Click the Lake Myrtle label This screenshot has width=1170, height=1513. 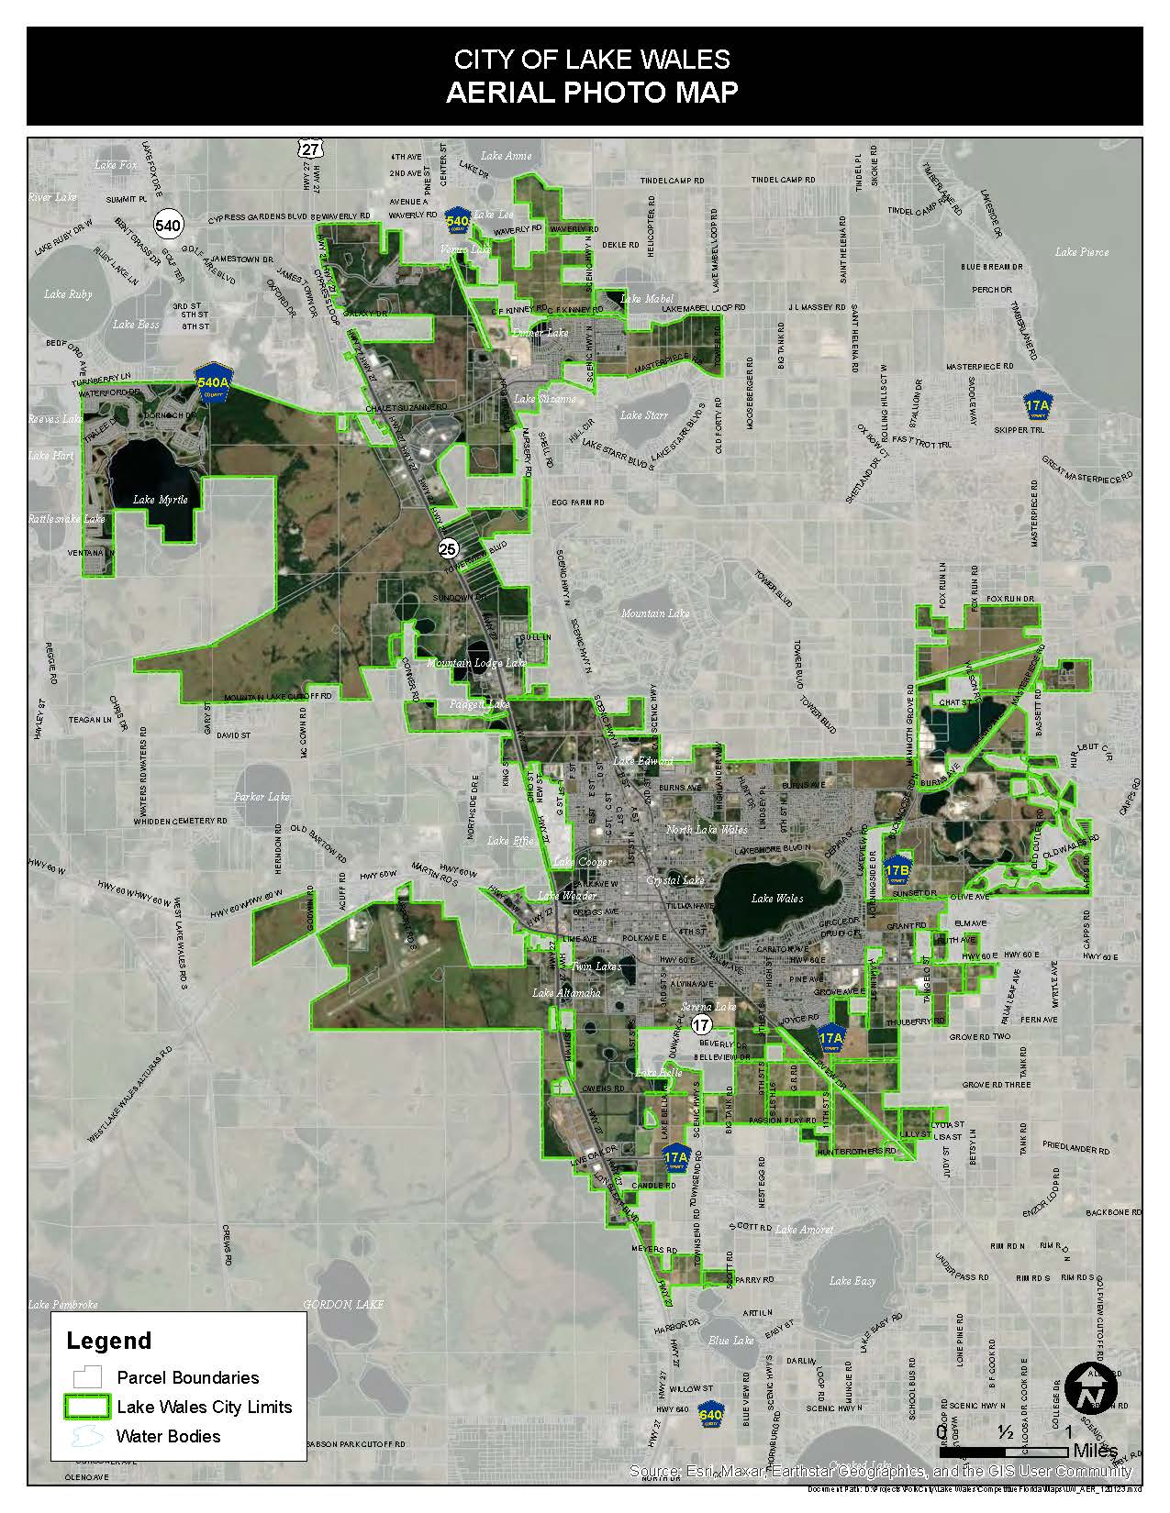tap(160, 500)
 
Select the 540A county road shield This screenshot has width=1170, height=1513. tap(213, 383)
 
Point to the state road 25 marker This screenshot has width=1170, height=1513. tap(447, 549)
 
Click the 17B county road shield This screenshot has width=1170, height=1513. tap(897, 868)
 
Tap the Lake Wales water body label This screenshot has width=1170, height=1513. tap(777, 899)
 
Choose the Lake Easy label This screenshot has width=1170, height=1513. tap(852, 1281)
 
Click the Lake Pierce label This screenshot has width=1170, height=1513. tap(1081, 252)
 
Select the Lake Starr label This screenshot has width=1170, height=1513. tap(644, 415)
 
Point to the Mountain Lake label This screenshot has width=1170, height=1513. tap(654, 613)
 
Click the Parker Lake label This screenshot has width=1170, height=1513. tap(262, 797)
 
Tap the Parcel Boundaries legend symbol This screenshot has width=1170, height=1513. tap(88, 1377)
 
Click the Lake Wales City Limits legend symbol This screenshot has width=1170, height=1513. tap(88, 1407)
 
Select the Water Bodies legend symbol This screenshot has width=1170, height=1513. tap(88, 1436)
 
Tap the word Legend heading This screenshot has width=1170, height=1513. tap(108, 1342)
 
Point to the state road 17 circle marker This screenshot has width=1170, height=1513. tap(702, 1024)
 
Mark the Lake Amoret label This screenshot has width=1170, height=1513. tap(804, 1230)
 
